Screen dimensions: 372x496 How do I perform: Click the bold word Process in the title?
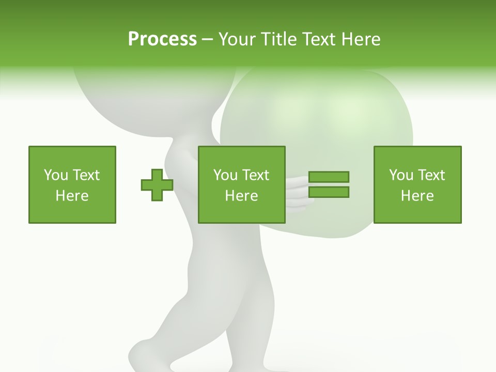[162, 39]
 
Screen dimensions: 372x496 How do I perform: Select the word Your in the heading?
[238, 39]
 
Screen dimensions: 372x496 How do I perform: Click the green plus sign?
[157, 185]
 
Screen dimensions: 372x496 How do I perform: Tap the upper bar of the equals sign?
[329, 177]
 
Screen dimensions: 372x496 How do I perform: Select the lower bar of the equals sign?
[329, 192]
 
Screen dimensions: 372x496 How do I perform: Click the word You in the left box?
[56, 175]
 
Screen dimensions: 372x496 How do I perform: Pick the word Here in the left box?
[72, 196]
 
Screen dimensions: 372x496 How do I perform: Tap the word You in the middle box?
[225, 175]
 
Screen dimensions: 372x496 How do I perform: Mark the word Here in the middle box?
[241, 196]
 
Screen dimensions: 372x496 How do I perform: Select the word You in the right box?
[401, 175]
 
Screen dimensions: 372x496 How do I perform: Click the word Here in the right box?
[417, 196]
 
